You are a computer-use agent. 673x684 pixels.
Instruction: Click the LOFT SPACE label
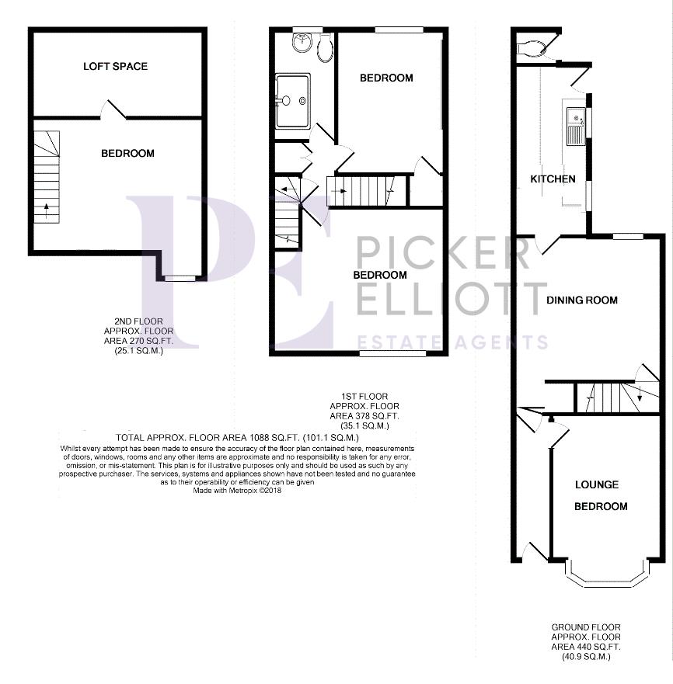click(x=115, y=67)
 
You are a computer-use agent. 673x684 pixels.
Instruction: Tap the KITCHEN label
click(x=553, y=179)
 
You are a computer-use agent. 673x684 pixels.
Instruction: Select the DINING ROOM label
click(x=582, y=300)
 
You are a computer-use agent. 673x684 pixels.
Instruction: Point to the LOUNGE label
click(x=597, y=484)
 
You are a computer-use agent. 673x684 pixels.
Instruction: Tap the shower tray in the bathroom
click(x=292, y=100)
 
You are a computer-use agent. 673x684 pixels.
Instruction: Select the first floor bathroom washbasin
click(x=302, y=43)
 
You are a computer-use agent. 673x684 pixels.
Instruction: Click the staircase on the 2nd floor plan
click(x=47, y=176)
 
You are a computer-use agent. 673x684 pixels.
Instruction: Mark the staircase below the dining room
click(x=614, y=397)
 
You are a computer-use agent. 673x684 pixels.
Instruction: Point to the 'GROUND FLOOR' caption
click(x=586, y=627)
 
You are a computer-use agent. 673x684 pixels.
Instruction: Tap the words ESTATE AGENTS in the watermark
click(x=452, y=342)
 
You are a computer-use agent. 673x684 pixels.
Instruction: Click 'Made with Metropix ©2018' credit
click(x=237, y=490)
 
